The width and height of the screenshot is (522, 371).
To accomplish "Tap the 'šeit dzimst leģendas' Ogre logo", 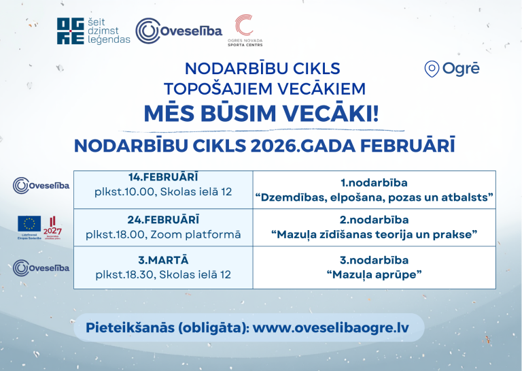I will pos(93,31).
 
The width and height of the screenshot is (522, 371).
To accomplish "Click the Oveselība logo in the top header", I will pos(179,31).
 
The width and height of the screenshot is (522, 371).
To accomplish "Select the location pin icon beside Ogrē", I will pos(430,69).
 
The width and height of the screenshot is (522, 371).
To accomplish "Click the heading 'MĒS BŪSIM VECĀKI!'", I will pos(261,113).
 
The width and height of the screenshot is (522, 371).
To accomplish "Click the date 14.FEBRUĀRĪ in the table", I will pos(163,177).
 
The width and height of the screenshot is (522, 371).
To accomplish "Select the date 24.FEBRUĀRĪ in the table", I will pos(163,219).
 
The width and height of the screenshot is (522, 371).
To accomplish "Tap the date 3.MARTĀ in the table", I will pos(163,260).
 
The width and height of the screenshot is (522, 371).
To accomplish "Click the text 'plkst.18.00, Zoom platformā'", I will pos(163,234).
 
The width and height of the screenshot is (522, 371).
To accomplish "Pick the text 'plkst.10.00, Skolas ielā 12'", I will pos(163,192).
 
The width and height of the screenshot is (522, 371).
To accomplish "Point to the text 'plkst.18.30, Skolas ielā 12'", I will pos(163,275).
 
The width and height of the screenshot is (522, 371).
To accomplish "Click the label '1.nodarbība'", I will pos(374,182).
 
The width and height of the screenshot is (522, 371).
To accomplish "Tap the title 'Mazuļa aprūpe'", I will pos(374,275).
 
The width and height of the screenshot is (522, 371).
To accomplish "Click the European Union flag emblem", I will pos(29,223).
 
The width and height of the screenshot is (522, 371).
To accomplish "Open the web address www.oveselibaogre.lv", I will pos(331,327).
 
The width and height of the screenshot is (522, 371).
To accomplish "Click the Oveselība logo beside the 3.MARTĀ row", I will pos(41,267).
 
